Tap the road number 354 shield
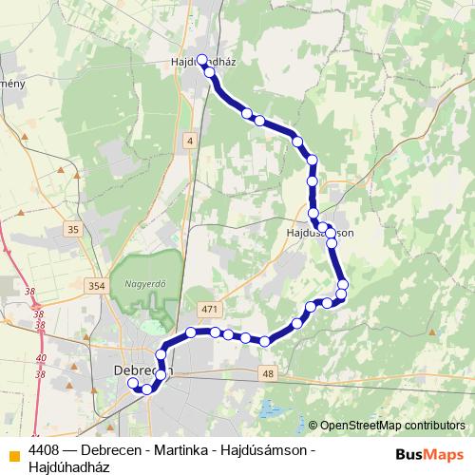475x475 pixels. pos(94,286)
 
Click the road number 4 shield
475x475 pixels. pos(190,141)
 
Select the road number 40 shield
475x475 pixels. pos(40,358)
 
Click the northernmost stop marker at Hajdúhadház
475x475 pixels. pos(201,59)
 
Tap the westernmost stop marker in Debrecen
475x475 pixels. pos(133,384)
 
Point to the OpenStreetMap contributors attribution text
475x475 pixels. pos(392,426)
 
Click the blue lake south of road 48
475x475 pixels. pos(269,410)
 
